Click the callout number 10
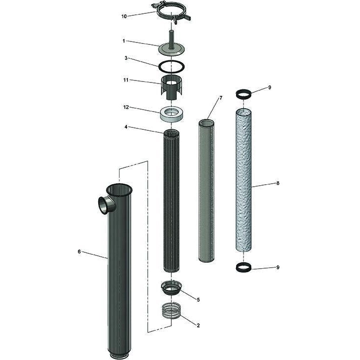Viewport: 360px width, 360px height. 124,16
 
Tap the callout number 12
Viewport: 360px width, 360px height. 126,107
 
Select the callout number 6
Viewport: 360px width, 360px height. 79,251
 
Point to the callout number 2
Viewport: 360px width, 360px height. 198,325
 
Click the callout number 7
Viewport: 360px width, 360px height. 221,98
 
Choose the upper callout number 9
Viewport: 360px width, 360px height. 270,87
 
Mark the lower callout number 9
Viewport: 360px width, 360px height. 278,267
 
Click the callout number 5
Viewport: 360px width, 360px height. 198,299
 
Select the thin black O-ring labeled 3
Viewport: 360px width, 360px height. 171,65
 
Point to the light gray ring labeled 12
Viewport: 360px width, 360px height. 171,114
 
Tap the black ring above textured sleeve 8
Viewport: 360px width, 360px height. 244,93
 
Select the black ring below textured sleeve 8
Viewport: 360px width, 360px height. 244,267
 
